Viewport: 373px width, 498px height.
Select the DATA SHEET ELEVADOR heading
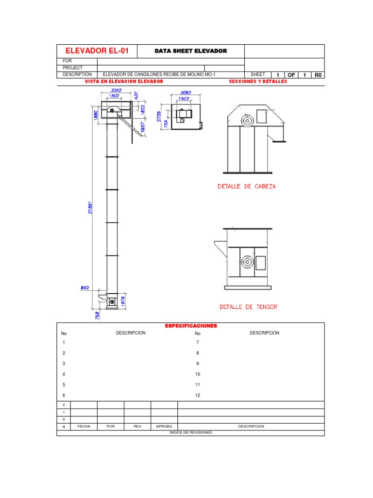click(x=190, y=51)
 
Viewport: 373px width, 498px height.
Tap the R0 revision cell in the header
click(x=318, y=75)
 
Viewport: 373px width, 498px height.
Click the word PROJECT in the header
click(x=72, y=68)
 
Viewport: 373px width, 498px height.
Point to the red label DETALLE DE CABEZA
click(x=247, y=186)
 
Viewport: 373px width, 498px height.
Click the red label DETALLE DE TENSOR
click(x=249, y=307)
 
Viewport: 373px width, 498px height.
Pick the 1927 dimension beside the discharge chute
click(x=143, y=127)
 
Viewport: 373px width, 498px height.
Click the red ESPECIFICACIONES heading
click(x=191, y=326)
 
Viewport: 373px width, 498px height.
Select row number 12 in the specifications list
click(x=198, y=395)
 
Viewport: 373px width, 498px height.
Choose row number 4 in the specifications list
click(x=64, y=374)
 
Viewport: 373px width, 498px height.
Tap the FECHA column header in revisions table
click(x=84, y=426)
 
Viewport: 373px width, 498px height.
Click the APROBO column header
click(x=164, y=426)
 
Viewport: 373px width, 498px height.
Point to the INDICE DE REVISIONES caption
click(x=191, y=432)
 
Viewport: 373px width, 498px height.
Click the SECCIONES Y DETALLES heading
click(x=257, y=82)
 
